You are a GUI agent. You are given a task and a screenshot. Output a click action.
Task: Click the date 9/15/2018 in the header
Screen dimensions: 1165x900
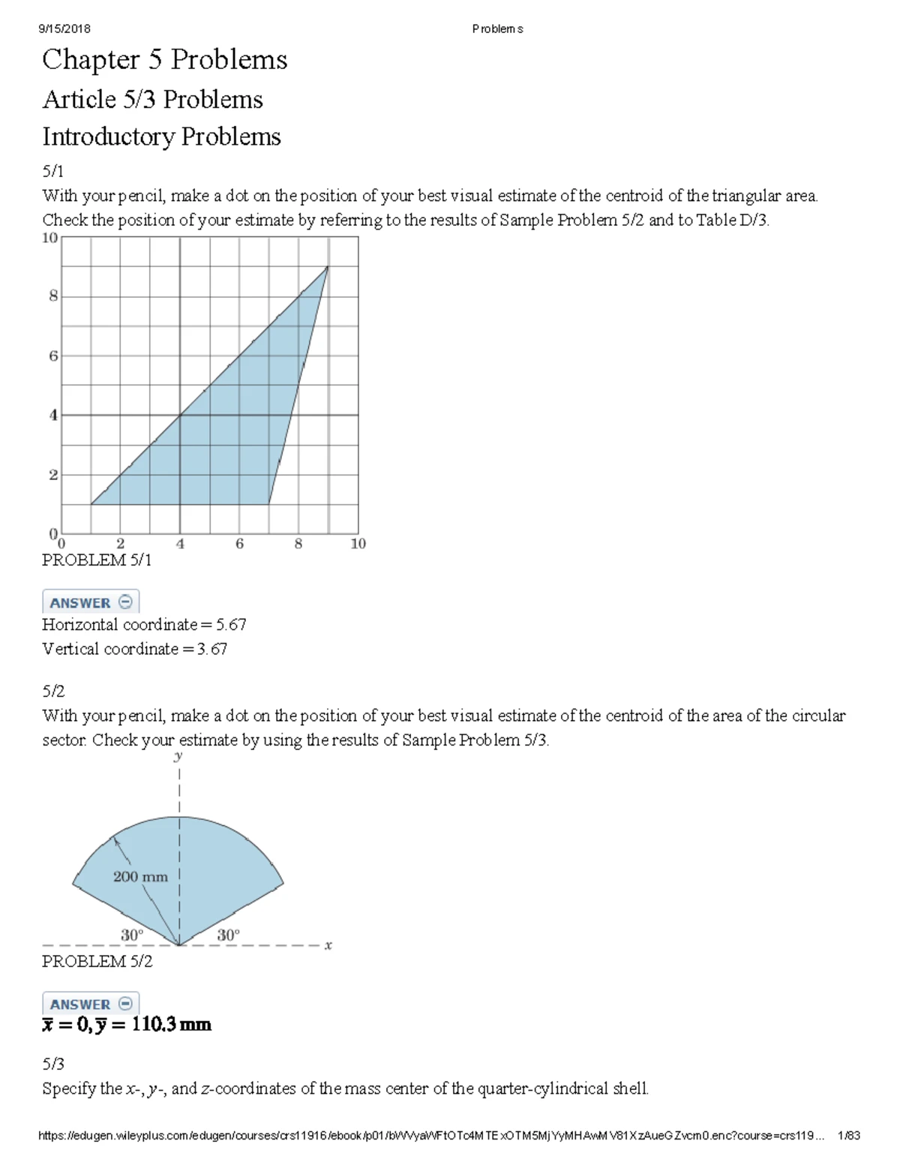[64, 29]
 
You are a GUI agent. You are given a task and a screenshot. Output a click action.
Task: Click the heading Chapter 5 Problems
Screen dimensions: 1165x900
[164, 60]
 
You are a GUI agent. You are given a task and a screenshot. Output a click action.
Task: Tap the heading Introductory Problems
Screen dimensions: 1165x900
[161, 137]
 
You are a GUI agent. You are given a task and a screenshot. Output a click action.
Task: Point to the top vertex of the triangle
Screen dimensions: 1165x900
[328, 266]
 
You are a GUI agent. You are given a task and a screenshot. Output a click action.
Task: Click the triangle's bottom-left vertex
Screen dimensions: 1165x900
[91, 504]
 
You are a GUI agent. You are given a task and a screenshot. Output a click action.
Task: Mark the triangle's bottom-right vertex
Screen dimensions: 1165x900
[268, 504]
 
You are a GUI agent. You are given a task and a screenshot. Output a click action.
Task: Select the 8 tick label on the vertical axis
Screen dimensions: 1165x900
[53, 296]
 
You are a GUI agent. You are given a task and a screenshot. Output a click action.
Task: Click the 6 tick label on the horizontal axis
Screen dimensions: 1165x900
[239, 544]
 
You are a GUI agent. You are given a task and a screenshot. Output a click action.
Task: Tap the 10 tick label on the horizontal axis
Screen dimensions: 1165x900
[358, 544]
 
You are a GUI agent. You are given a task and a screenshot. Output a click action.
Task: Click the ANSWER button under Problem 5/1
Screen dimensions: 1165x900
[91, 602]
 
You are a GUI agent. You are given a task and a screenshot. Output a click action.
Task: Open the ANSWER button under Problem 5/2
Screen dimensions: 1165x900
[91, 1004]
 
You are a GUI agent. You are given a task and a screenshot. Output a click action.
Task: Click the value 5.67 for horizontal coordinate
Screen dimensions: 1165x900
[231, 625]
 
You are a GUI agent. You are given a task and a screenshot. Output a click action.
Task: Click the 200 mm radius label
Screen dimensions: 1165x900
[140, 876]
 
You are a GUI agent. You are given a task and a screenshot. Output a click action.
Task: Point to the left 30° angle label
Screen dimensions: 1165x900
[132, 935]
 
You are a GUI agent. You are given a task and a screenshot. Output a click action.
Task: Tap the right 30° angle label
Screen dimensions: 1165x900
[228, 935]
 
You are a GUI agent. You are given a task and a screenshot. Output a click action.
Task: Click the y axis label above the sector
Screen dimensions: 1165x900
[178, 756]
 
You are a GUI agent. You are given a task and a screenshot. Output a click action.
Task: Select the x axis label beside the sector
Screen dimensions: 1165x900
[328, 945]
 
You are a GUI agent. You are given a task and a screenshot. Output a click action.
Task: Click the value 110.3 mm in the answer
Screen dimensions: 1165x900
[171, 1025]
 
